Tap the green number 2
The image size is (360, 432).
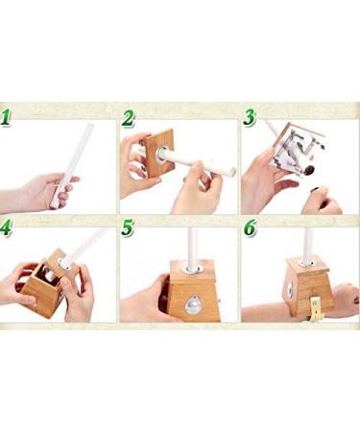coord(129,120)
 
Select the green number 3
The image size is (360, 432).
coord(250,120)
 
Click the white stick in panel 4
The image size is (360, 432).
coord(86,245)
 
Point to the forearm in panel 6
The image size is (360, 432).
coord(269,311)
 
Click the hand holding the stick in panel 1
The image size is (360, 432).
coord(43,192)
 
